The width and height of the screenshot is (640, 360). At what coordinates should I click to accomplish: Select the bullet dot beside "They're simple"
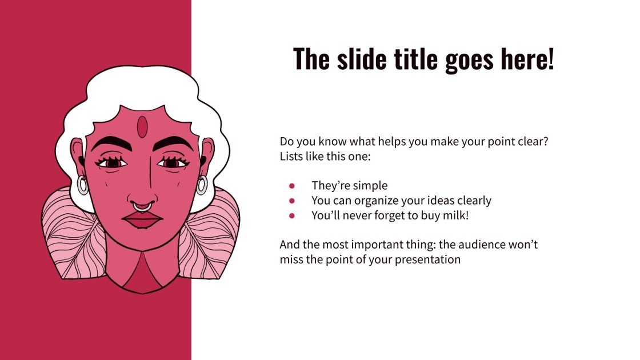(292, 186)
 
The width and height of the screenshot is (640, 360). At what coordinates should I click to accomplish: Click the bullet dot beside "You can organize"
(292, 201)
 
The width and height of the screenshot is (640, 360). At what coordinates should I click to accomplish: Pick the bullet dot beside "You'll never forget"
(292, 215)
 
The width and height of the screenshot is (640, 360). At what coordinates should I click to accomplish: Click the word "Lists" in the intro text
(292, 155)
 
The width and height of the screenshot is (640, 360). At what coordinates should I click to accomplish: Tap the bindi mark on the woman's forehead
(142, 127)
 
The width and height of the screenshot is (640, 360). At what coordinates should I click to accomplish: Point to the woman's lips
(142, 219)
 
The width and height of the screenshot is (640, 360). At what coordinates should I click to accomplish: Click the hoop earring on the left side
(83, 185)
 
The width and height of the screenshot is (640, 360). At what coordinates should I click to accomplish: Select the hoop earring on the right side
(202, 185)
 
